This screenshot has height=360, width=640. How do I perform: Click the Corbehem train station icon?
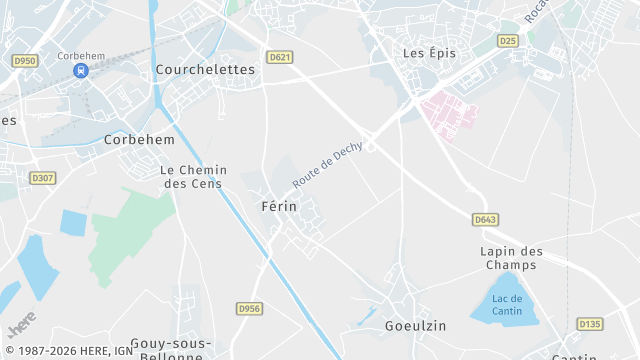(81, 70)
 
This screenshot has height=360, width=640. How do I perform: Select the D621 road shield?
(280, 57)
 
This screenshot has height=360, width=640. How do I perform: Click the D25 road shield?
(508, 41)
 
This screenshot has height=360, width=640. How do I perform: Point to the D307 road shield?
(43, 178)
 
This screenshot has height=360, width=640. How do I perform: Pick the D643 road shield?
(486, 219)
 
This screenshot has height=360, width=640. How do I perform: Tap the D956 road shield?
(249, 309)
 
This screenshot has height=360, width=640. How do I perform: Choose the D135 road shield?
(590, 324)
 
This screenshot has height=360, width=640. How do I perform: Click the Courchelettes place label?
(206, 70)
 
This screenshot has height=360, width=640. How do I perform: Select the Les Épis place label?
(428, 52)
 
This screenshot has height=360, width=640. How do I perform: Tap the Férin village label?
(278, 206)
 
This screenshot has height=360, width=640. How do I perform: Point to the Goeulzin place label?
(415, 326)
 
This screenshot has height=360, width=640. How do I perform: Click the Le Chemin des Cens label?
(194, 177)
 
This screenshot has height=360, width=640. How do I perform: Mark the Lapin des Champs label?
(511, 258)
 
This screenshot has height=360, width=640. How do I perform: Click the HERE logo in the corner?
(20, 326)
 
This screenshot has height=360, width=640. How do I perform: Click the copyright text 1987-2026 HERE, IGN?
(69, 351)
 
